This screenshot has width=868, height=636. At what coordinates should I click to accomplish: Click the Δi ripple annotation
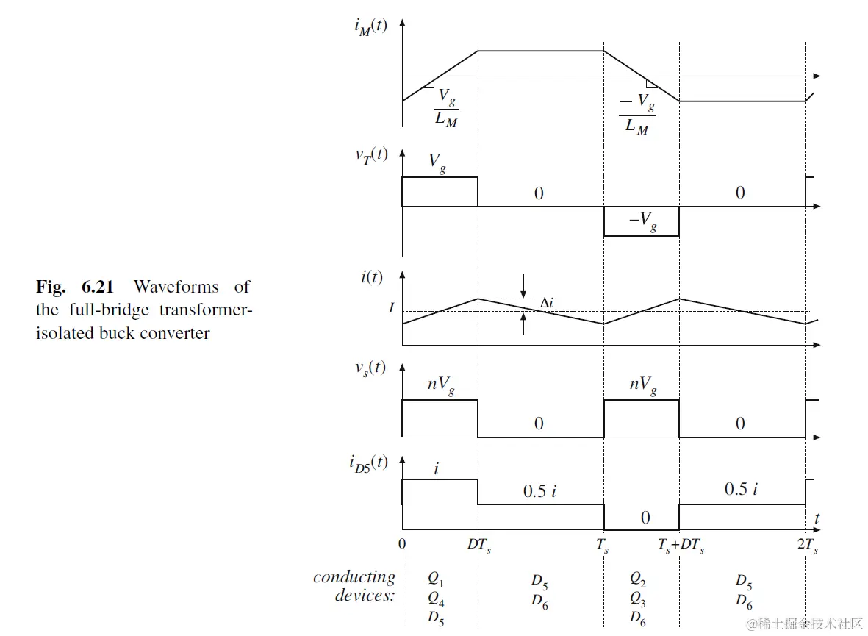point(546,303)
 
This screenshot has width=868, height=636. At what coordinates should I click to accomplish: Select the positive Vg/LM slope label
point(446,108)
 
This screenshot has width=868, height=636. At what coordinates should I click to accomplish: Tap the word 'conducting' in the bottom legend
point(354,577)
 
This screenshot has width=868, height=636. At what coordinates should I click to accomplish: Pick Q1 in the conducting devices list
point(437,579)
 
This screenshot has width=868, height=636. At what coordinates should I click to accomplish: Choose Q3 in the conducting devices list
point(637,598)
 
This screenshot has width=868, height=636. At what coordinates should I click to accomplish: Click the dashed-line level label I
point(391,308)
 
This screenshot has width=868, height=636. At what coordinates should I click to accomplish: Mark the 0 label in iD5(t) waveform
point(645,518)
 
